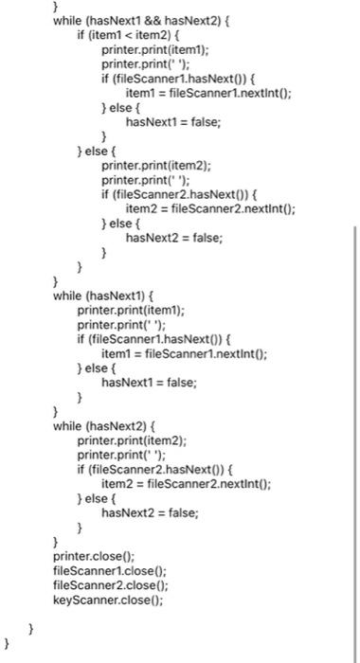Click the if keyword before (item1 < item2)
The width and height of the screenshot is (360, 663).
[82, 34]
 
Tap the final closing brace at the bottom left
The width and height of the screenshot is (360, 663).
[8, 643]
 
